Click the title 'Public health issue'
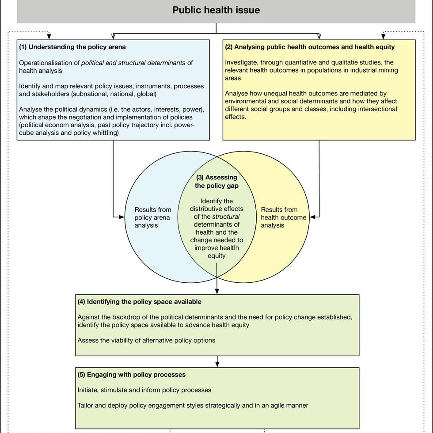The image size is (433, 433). click(x=216, y=10)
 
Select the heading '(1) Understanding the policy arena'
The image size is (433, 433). click(x=72, y=47)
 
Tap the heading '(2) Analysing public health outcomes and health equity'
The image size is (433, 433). click(x=310, y=47)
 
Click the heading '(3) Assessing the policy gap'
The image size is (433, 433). click(x=216, y=182)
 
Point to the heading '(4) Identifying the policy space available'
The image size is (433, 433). click(x=139, y=302)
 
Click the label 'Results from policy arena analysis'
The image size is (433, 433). click(x=152, y=217)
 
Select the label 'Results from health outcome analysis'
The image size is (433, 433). click(x=283, y=217)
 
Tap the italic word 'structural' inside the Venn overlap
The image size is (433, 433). click(x=226, y=216)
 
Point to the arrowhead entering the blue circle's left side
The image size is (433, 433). click(x=122, y=217)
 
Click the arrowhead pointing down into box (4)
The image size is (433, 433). click(x=217, y=291)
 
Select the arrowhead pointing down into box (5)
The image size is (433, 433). click(x=217, y=364)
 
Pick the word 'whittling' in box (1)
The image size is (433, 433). click(x=104, y=133)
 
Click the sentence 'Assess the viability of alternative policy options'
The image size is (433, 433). click(x=146, y=340)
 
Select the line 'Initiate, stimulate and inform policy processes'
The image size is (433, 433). click(x=144, y=390)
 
